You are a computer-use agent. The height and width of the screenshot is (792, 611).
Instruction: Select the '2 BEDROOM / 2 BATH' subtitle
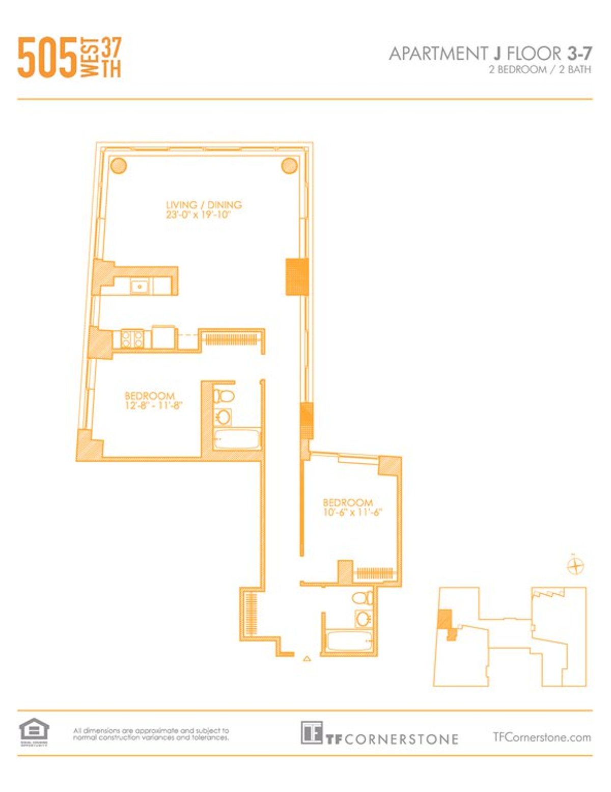pyautogui.click(x=540, y=70)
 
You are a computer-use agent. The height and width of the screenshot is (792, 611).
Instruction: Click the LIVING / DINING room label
pyautogui.click(x=204, y=205)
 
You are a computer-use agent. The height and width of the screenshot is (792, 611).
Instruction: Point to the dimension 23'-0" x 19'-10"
pyautogui.click(x=199, y=215)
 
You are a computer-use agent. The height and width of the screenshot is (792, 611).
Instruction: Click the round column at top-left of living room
pyautogui.click(x=119, y=165)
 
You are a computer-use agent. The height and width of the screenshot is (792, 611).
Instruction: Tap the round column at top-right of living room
pyautogui.click(x=289, y=165)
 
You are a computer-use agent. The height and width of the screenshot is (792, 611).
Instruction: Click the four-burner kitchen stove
pyautogui.click(x=132, y=339)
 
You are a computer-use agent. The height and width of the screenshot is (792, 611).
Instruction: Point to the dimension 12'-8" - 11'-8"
pyautogui.click(x=153, y=406)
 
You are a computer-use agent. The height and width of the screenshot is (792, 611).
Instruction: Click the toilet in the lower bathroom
pyautogui.click(x=363, y=597)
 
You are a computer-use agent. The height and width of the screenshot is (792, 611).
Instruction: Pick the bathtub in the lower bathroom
pyautogui.click(x=348, y=640)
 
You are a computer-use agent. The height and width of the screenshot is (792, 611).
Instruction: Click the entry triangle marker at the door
pyautogui.click(x=307, y=658)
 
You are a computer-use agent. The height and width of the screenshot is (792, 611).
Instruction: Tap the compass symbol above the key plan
pyautogui.click(x=575, y=566)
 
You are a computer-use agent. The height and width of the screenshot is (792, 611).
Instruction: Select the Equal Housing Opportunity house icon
pyautogui.click(x=34, y=730)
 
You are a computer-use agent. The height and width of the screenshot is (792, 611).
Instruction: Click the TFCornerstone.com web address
pyautogui.click(x=542, y=737)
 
